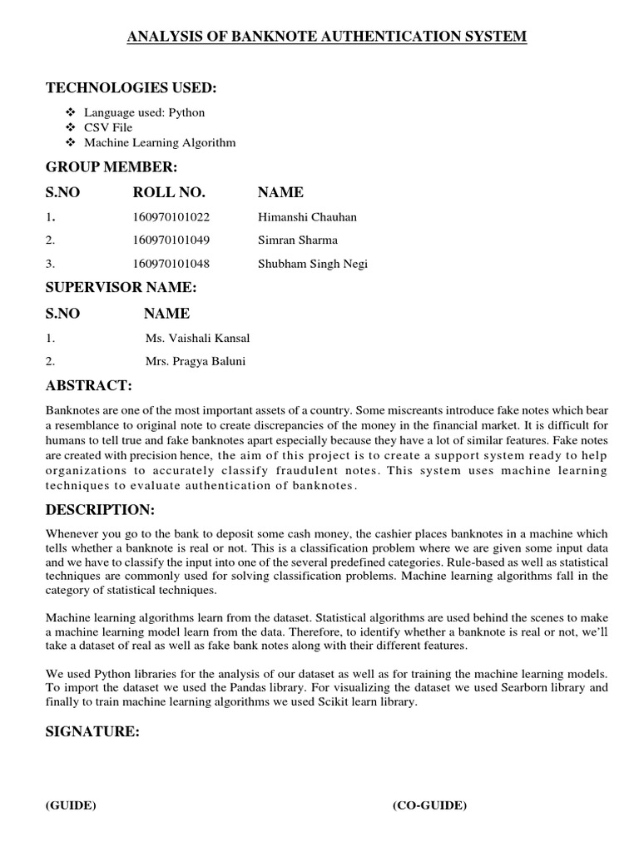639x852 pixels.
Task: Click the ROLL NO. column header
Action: point(168,192)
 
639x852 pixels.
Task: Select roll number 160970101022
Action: point(171,217)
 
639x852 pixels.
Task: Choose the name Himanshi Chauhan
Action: point(307,217)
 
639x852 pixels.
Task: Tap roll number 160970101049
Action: point(171,240)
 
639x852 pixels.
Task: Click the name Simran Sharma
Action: point(298,240)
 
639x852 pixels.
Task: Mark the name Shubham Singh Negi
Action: point(313,264)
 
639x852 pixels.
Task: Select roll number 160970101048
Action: point(171,264)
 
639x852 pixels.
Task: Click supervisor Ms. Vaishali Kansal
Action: point(197,339)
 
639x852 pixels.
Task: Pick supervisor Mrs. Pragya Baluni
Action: point(196,362)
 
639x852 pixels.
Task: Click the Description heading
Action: point(100,509)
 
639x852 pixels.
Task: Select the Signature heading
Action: point(92,732)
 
